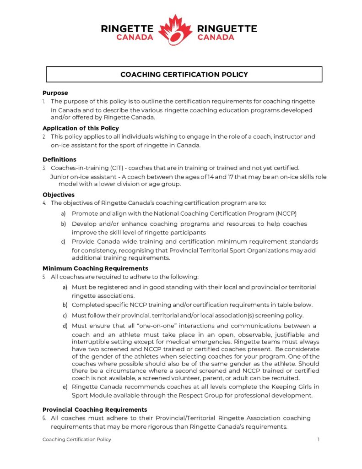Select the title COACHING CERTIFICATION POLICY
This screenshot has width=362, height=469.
coord(184,74)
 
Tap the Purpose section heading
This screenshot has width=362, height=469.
coord(55,93)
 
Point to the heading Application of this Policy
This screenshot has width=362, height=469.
coord(81,128)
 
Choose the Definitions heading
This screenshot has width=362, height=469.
coord(59,159)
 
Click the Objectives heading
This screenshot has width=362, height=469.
coord(59,195)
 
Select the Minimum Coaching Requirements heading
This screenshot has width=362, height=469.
coord(95,268)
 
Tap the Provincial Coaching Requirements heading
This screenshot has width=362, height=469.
coord(95,409)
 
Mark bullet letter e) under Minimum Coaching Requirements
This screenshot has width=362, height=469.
coord(65,387)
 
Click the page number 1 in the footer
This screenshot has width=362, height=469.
coord(318,439)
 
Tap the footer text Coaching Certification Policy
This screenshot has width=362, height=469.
coord(76,439)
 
